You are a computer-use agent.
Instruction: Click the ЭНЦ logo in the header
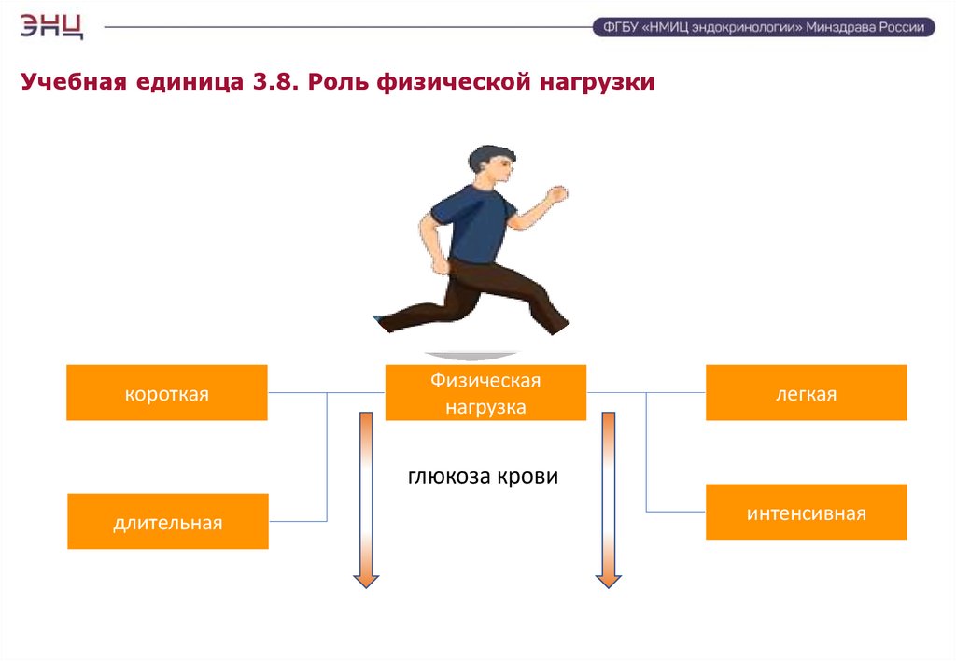(51, 25)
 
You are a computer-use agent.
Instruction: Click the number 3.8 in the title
(271, 83)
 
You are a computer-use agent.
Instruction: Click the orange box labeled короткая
(167, 393)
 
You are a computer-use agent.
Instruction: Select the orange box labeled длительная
(168, 522)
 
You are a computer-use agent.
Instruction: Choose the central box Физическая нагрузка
(485, 393)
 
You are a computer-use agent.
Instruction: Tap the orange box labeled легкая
(806, 393)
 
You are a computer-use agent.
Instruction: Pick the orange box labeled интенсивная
(806, 513)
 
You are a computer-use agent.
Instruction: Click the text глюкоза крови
(483, 477)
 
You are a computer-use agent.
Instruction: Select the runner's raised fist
(557, 194)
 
